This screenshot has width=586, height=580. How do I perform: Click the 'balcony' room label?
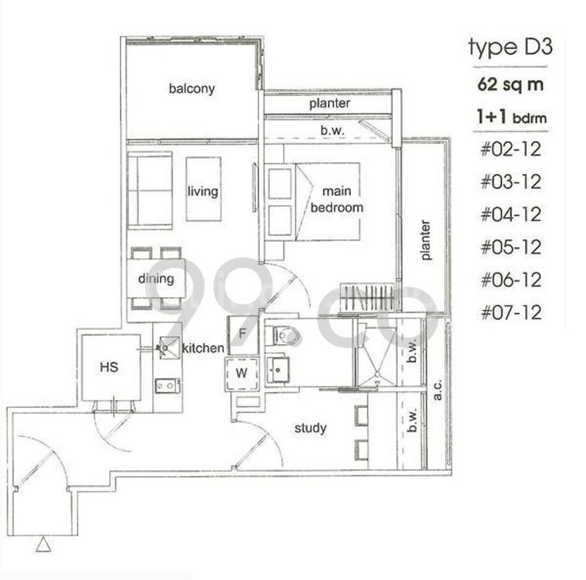tap(191, 89)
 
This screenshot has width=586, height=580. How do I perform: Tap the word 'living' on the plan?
tap(203, 191)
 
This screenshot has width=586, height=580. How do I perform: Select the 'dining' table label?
tap(156, 278)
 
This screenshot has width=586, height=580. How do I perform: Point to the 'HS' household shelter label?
tap(109, 367)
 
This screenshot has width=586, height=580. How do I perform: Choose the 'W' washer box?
tap(242, 374)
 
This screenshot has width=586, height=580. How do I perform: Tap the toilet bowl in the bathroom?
tap(286, 335)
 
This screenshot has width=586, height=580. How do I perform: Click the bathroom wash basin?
tap(278, 370)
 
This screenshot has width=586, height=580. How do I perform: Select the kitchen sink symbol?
tap(169, 348)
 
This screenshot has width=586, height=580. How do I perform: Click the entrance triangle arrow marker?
tap(44, 544)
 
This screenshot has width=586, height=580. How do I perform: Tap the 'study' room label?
tap(310, 428)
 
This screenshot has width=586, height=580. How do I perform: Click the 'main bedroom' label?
tap(337, 199)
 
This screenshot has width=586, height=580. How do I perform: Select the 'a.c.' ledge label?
tap(437, 390)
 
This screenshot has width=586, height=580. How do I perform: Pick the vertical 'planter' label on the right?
tap(425, 240)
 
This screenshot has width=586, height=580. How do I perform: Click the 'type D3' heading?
tap(510, 48)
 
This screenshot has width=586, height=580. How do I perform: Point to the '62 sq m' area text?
tap(510, 85)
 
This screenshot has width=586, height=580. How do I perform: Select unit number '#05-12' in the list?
tap(511, 247)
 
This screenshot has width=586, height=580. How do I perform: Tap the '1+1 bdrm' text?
tap(512, 117)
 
